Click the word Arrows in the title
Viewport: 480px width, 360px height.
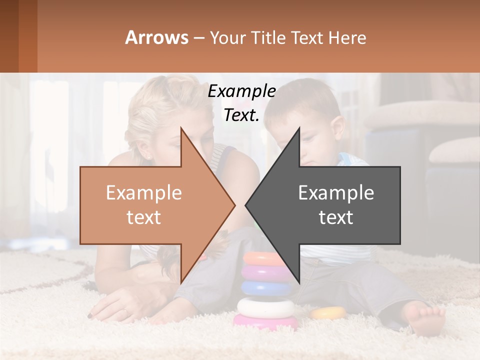[156, 37]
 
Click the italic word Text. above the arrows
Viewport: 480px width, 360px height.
[241, 115]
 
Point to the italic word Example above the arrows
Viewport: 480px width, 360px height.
[241, 91]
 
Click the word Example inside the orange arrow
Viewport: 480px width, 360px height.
[143, 193]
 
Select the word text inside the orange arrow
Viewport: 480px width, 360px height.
[143, 217]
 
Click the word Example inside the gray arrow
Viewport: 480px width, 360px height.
[336, 193]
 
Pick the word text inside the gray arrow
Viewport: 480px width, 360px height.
[336, 217]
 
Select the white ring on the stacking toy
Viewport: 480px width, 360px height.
[265, 306]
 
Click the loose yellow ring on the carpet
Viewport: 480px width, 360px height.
[328, 313]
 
